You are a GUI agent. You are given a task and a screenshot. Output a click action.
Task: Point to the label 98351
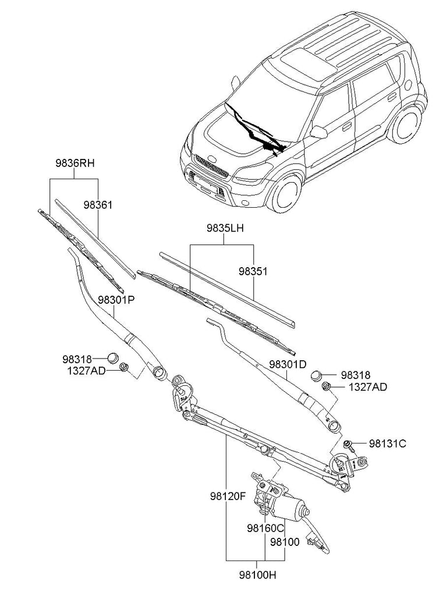coord(253,271)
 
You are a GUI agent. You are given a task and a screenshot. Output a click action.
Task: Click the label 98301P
coord(116,300)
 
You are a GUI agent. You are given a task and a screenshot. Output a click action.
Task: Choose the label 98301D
coord(287,365)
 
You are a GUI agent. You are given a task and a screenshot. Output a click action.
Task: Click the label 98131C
coord(387,444)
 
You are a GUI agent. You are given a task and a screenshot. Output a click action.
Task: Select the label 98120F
coord(228,497)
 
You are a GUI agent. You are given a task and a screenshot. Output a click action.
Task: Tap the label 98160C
coord(265,528)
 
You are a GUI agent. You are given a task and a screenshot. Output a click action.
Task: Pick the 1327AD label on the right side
coord(368,386)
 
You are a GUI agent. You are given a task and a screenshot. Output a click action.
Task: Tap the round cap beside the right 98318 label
coord(318,375)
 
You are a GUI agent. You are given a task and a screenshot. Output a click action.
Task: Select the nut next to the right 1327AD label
coord(327,386)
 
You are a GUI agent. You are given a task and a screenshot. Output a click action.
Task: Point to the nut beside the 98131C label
coord(348,445)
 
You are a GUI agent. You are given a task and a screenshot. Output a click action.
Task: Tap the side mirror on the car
coord(318,132)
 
